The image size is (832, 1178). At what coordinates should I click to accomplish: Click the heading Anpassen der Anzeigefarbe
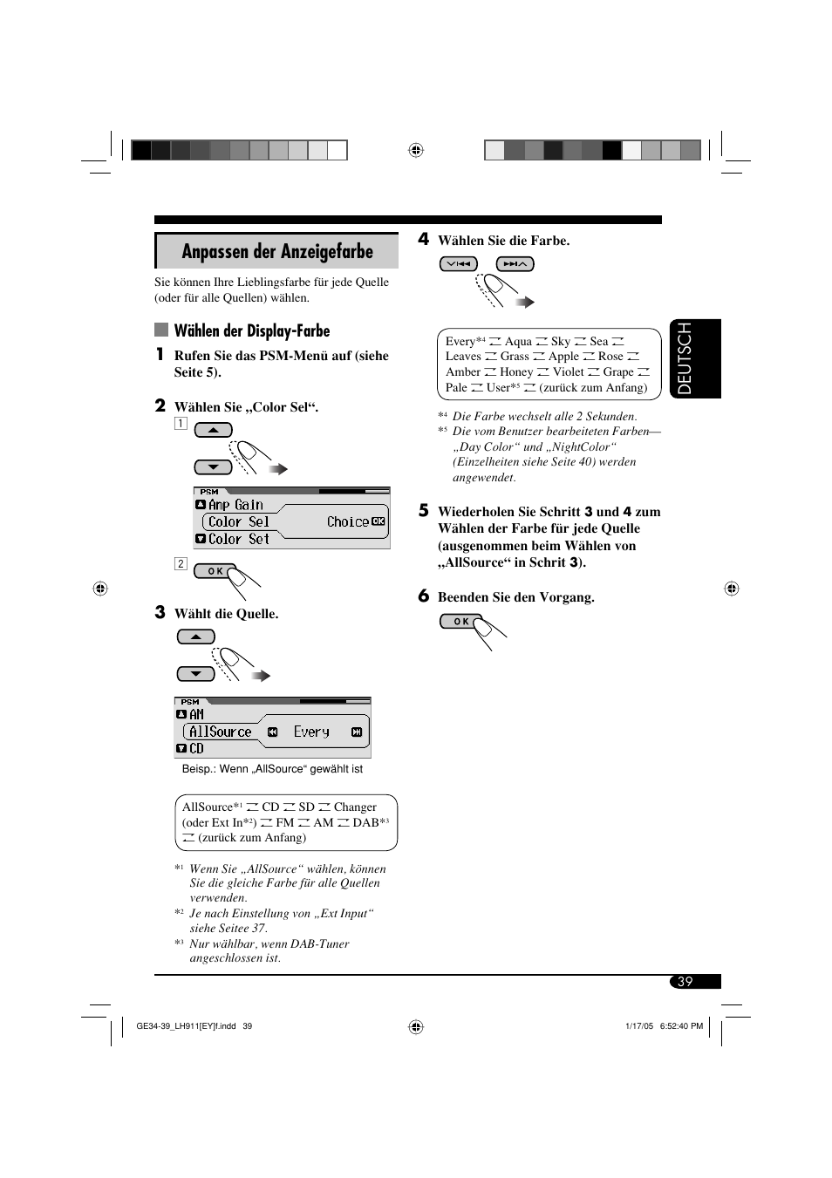(277, 252)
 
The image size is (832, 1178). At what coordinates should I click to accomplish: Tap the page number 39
(685, 982)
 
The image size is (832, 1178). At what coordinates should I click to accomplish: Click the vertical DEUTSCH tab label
(685, 358)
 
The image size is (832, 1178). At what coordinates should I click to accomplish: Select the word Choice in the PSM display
(347, 522)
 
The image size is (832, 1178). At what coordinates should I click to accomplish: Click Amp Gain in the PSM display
(235, 505)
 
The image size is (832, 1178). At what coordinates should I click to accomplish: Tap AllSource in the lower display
(220, 732)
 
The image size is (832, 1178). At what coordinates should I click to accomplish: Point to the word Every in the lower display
(311, 732)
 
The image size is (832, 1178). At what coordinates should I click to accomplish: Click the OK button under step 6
(461, 622)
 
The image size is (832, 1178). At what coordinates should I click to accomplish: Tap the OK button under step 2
(215, 571)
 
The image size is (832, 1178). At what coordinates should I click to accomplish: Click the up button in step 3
(196, 637)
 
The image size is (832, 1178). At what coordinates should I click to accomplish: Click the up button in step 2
(214, 430)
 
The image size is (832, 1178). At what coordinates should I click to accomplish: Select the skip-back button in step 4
(459, 264)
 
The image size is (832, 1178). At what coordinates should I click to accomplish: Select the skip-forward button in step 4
(515, 264)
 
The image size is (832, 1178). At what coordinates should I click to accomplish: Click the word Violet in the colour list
(569, 372)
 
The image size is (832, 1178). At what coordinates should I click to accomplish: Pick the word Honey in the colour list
(516, 372)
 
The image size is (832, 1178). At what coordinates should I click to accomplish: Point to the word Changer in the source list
(355, 807)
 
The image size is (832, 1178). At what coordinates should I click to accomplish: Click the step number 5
(424, 511)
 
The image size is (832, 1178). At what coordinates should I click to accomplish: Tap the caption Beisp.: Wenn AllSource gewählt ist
(272, 769)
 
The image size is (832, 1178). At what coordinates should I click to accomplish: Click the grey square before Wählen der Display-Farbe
(161, 330)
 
